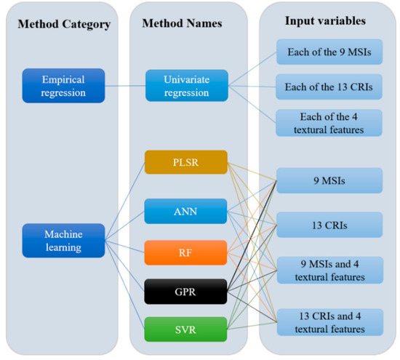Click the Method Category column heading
[64, 25]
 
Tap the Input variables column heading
[325, 19]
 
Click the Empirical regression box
[63, 85]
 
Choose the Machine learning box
[63, 240]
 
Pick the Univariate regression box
[186, 85]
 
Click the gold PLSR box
[186, 162]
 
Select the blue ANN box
[186, 212]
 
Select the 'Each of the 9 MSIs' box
[329, 53]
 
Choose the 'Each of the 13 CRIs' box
[329, 87]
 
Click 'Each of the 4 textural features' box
[329, 122]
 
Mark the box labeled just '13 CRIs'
[329, 225]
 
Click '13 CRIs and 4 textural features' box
[329, 321]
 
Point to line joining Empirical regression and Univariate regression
[124, 85]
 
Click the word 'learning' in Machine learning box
[63, 247]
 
